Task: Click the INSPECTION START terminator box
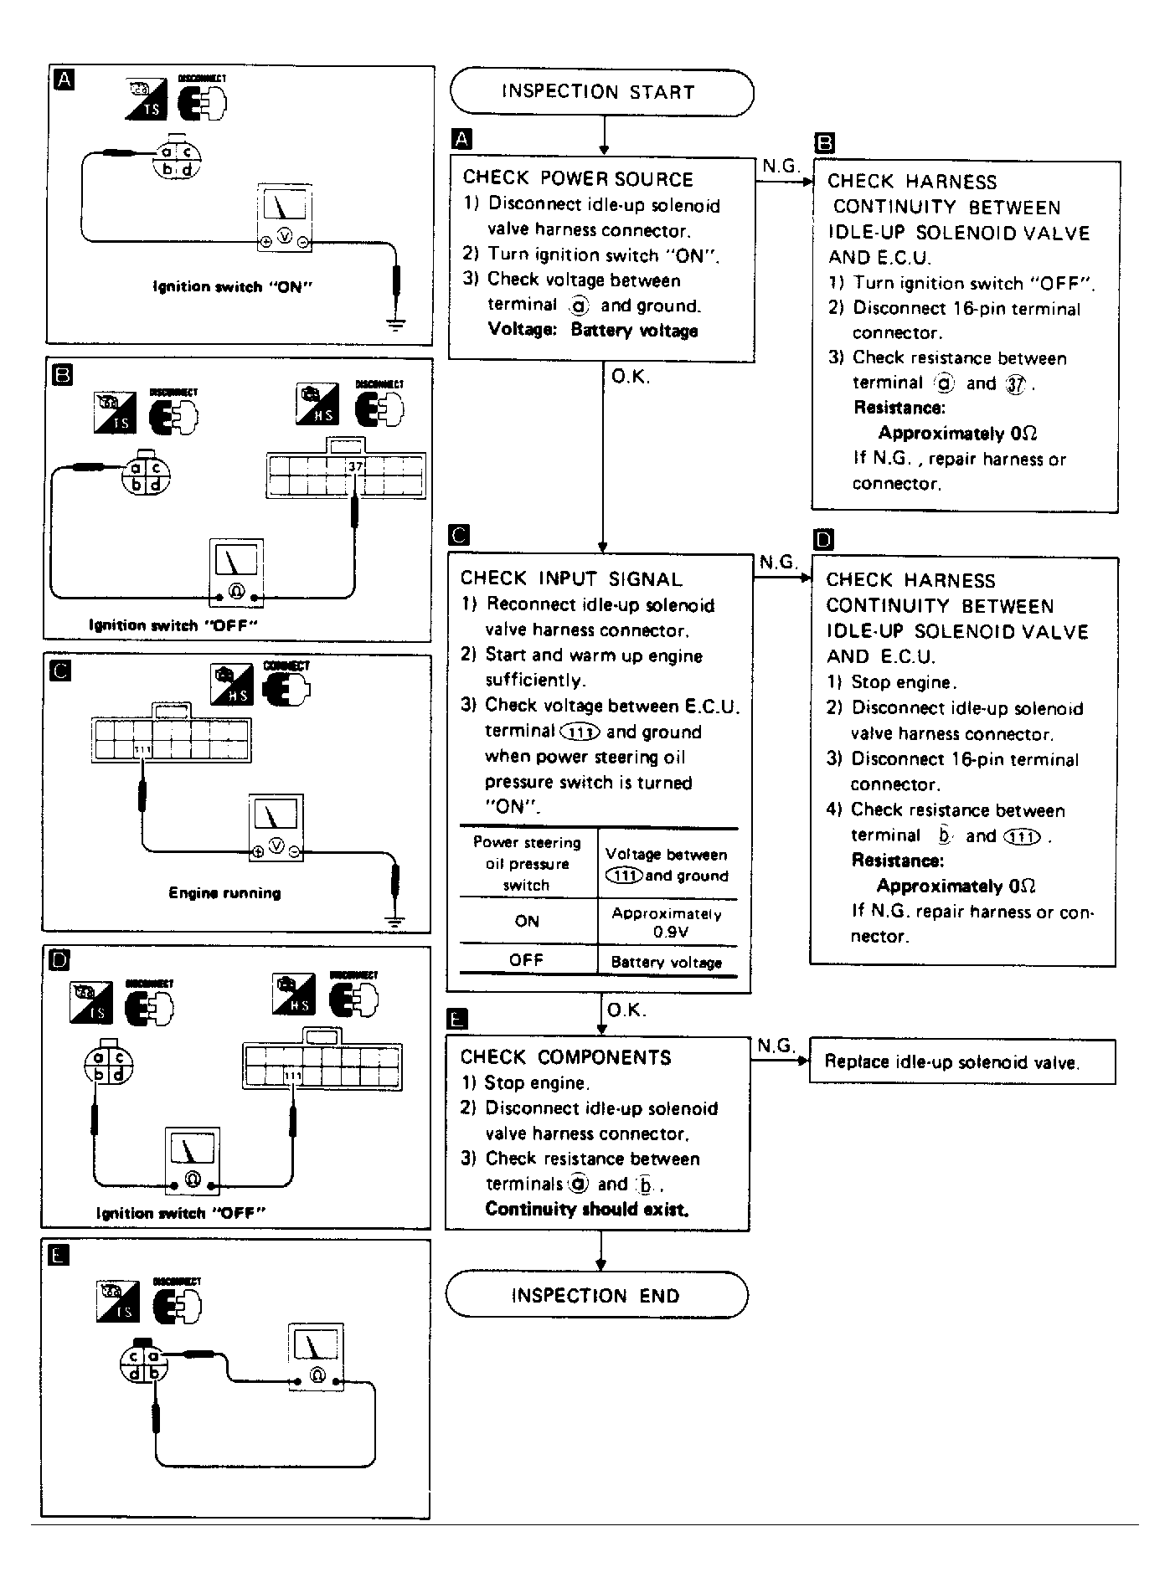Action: click(600, 92)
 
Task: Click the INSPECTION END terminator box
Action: click(595, 1296)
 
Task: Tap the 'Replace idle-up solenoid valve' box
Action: click(961, 1061)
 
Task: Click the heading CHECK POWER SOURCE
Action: click(578, 178)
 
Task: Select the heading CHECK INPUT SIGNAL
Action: click(571, 578)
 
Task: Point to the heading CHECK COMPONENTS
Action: click(565, 1057)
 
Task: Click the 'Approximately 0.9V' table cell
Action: click(667, 922)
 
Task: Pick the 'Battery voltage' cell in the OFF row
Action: click(667, 962)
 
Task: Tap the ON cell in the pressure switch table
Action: click(527, 921)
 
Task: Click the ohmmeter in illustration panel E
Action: click(316, 1357)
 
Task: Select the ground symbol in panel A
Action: click(396, 323)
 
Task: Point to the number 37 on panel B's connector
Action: click(355, 466)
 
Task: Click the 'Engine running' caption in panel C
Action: click(224, 892)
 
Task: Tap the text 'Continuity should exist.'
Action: click(587, 1209)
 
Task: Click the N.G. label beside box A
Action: click(780, 166)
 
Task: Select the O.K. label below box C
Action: click(626, 1010)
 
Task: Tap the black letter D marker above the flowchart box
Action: click(824, 539)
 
